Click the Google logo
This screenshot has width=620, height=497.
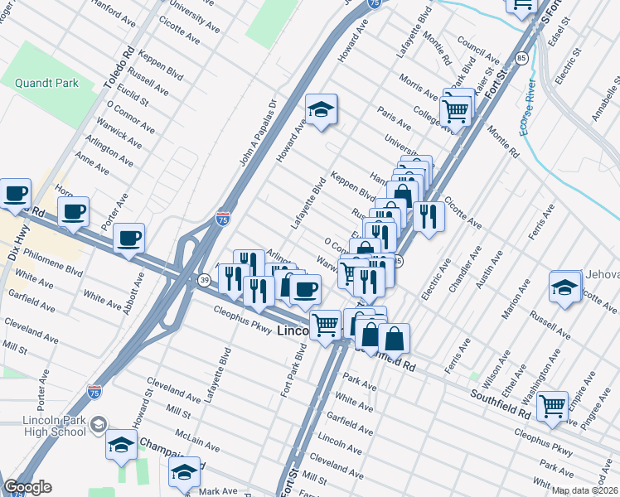click(x=27, y=488)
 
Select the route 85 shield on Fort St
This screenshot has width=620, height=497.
click(x=520, y=58)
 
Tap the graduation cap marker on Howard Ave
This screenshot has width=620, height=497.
click(x=320, y=109)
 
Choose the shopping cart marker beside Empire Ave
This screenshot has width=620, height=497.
click(x=552, y=406)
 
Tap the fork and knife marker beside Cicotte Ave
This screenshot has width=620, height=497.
click(x=428, y=217)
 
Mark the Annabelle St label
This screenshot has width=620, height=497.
click(x=606, y=99)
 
